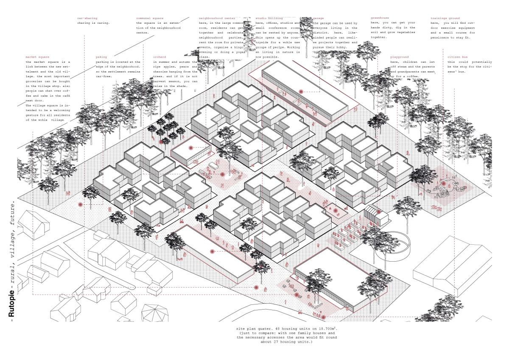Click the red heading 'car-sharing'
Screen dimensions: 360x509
pos(87,19)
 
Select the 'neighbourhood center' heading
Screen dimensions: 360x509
pos(217,19)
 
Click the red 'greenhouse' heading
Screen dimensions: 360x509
pos(380,19)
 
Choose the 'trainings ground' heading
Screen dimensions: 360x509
pos(445,19)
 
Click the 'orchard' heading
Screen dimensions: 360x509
pos(159,57)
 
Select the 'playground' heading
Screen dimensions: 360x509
pos(400,57)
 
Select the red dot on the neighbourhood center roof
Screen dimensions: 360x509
pos(190,148)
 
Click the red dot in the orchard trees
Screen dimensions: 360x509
pos(161,142)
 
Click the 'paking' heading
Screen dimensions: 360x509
pos(101,57)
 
